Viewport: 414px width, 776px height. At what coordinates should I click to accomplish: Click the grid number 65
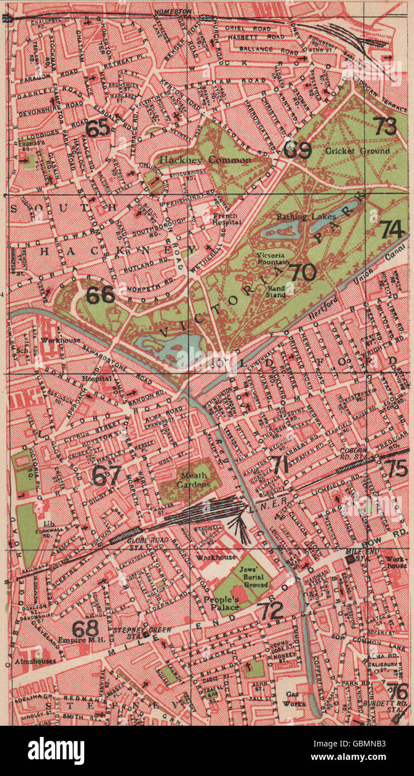[x=98, y=129]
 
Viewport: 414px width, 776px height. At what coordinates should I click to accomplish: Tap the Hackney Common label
[x=205, y=160]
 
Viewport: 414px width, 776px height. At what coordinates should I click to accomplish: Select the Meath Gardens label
[x=192, y=480]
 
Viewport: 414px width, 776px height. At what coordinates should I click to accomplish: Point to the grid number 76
[x=397, y=691]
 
